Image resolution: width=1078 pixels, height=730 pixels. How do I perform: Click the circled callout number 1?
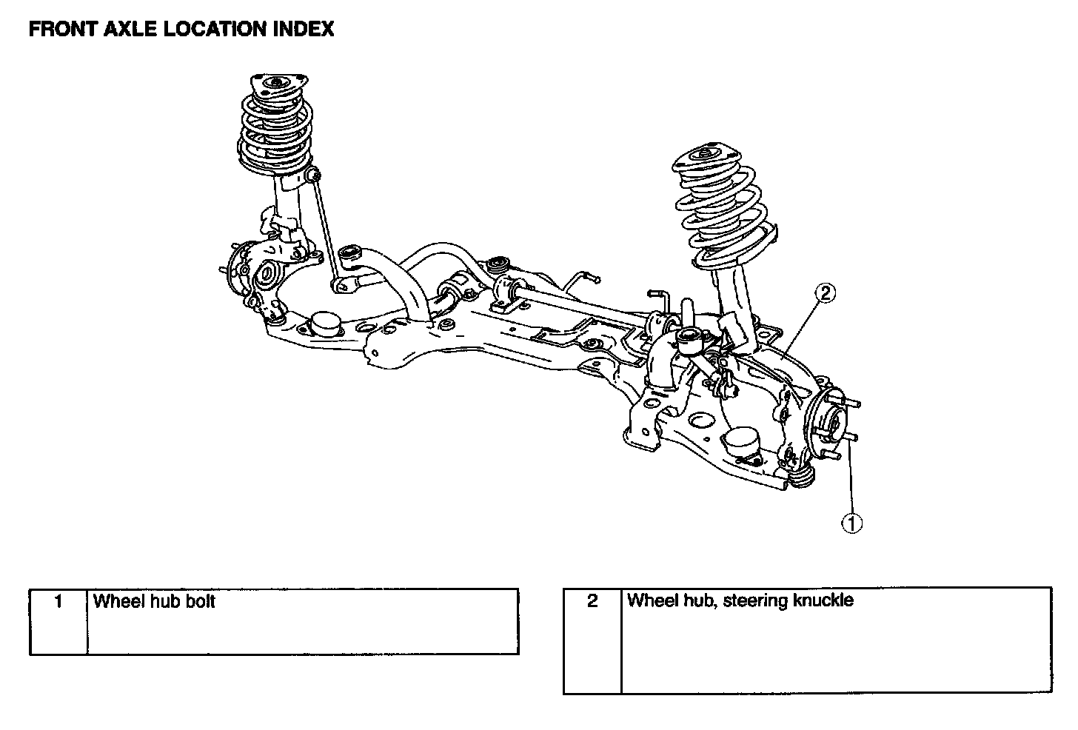pos(851,523)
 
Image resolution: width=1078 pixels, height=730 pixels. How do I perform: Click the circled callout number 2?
pos(826,293)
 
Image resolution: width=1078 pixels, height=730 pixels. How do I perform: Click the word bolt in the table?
pos(200,601)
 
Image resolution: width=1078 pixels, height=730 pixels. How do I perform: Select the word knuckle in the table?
pos(823,600)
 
